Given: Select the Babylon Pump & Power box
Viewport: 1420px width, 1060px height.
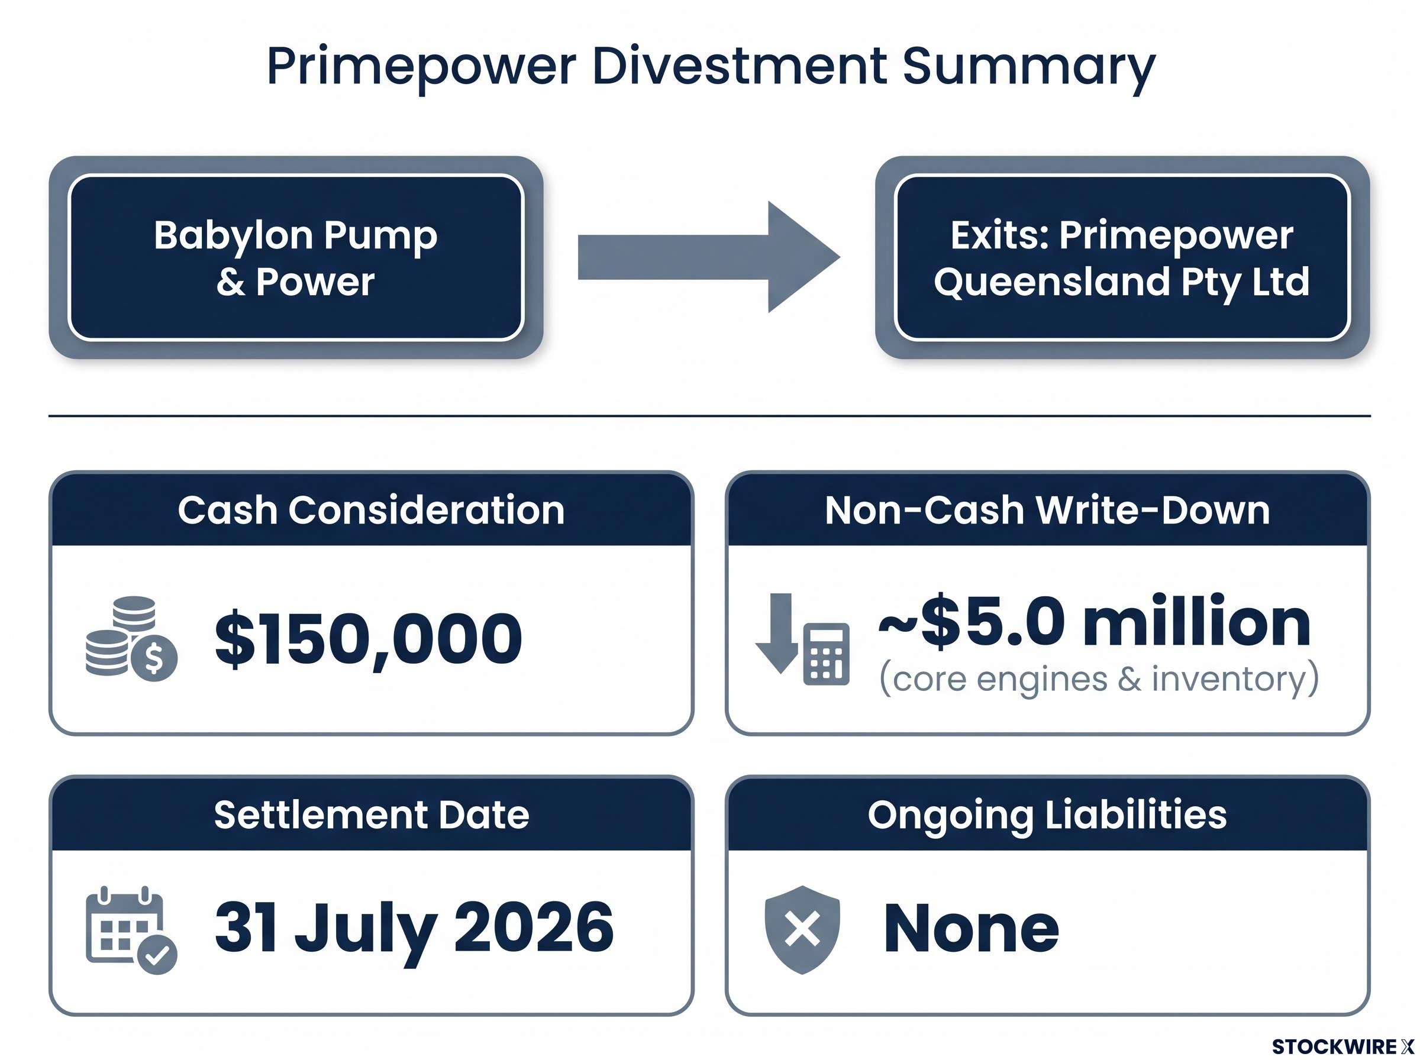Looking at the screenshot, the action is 296,257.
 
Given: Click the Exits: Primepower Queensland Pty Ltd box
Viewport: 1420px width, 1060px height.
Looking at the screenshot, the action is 1122,257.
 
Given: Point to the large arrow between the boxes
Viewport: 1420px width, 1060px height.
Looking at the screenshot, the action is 708,257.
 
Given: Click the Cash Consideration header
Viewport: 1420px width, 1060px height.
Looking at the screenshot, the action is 372,510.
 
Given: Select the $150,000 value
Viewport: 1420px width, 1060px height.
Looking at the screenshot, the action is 369,638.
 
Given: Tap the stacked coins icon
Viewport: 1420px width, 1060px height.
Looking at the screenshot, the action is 131,638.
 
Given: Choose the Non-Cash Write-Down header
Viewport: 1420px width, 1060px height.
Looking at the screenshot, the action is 1047,510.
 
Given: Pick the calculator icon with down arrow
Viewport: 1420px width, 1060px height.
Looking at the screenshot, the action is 802,639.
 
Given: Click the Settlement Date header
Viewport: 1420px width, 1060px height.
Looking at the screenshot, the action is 372,815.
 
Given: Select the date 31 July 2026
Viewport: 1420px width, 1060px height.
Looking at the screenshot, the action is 414,929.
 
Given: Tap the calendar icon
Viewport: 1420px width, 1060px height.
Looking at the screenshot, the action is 131,930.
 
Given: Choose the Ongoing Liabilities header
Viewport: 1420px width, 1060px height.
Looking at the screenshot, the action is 1047,815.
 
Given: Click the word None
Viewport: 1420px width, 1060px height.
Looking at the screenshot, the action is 971,928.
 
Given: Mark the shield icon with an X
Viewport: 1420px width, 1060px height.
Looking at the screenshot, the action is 802,930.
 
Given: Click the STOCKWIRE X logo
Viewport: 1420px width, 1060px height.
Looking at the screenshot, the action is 1342,1046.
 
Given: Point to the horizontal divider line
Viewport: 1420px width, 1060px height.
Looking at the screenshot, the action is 709,416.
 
